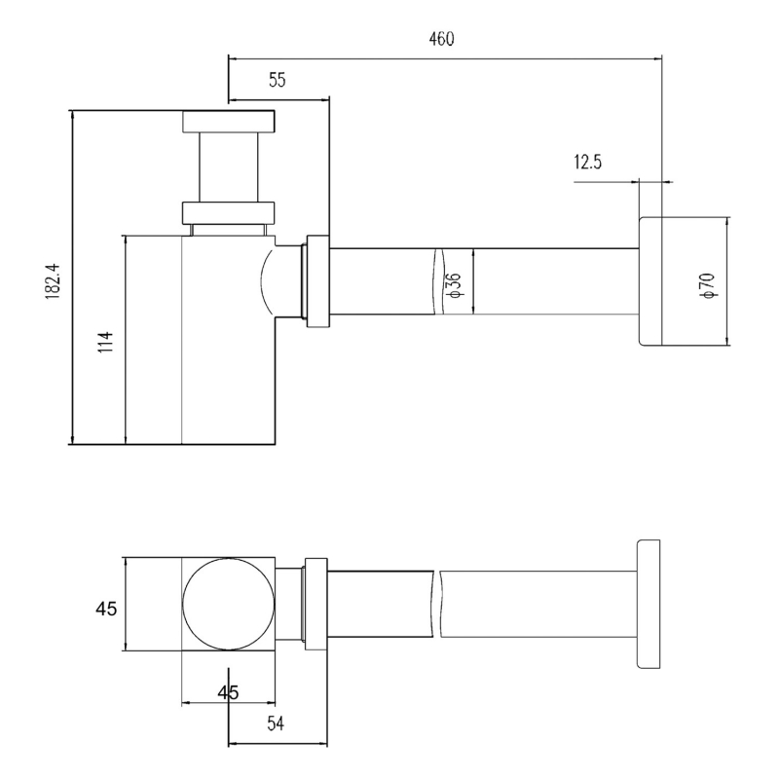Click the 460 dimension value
click(441, 39)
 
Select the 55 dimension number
click(278, 80)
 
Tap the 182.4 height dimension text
click(53, 280)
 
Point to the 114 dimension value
click(106, 342)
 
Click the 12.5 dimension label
click(588, 162)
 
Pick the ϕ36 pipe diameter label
click(455, 285)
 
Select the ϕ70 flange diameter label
click(708, 285)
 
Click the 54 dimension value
click(276, 723)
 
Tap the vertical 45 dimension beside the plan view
click(106, 608)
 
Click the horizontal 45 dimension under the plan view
click(228, 692)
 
